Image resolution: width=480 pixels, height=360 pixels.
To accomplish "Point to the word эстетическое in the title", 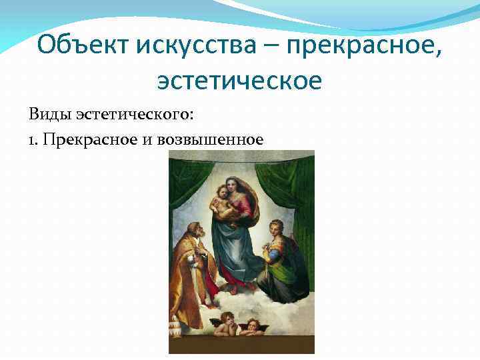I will [239, 81].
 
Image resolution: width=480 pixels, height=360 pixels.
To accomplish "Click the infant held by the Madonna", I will [224, 203].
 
